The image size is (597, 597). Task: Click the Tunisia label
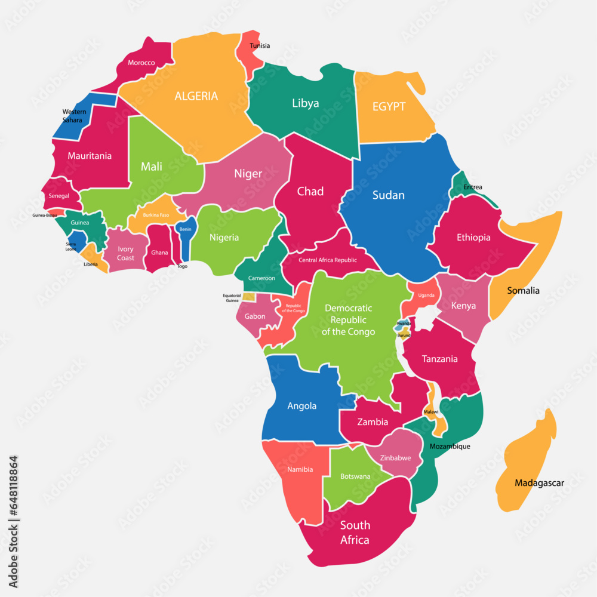(260, 46)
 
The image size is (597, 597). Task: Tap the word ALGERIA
(196, 96)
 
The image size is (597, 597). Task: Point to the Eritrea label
(472, 187)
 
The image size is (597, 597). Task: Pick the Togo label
(182, 266)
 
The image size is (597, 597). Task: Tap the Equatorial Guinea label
(232, 298)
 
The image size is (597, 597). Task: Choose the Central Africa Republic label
(328, 260)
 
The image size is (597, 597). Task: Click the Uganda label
(426, 296)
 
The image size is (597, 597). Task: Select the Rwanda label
(404, 324)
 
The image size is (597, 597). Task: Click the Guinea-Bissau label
(45, 216)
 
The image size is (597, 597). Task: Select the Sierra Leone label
(71, 247)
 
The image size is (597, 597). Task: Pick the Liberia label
(91, 264)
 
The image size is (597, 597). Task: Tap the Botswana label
(355, 476)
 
